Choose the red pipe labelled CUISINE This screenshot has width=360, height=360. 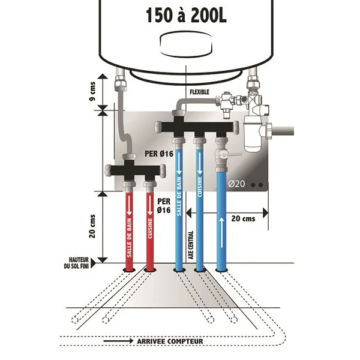[x=150, y=228]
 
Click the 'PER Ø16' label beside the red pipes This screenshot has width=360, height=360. [x=164, y=205]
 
